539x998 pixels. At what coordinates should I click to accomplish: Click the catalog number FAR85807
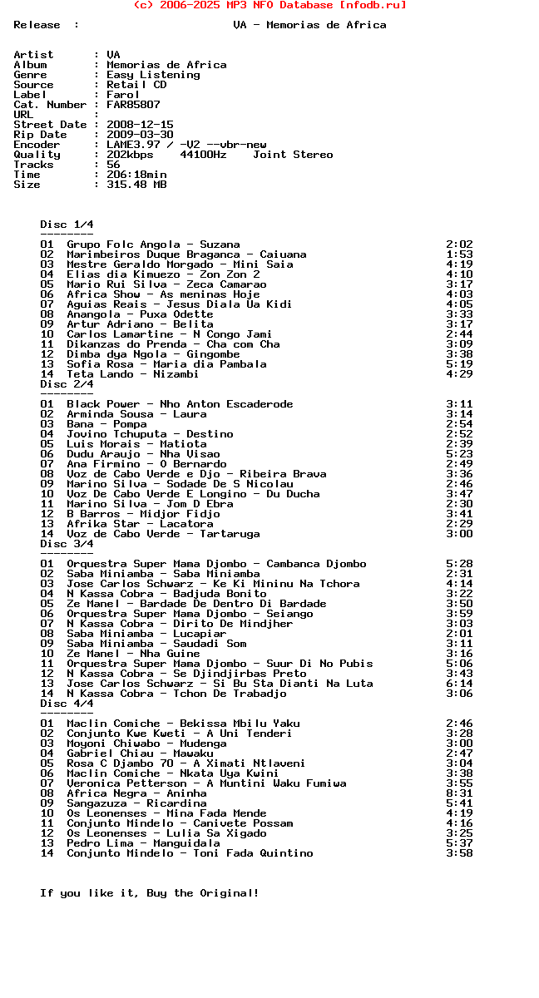click(x=133, y=105)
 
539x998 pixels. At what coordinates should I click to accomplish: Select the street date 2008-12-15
click(x=140, y=125)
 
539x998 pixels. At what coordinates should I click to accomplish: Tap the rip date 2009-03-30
click(x=140, y=135)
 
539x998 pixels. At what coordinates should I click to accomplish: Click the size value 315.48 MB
click(x=136, y=185)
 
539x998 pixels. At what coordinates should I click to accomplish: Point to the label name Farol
click(x=123, y=95)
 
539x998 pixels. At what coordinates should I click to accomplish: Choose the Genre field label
click(x=30, y=75)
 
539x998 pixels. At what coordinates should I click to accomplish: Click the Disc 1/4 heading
click(x=67, y=225)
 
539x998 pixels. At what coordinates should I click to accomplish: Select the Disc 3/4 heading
click(x=67, y=544)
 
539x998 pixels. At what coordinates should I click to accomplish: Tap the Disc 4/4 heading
click(x=67, y=704)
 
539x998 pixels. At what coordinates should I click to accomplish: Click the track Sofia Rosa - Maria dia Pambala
click(x=166, y=364)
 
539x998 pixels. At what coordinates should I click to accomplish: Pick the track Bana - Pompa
click(x=106, y=424)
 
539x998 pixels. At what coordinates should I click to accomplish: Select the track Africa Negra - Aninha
click(x=136, y=793)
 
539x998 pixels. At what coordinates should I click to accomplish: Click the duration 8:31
click(x=459, y=793)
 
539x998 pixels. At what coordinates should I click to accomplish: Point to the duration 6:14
click(x=459, y=684)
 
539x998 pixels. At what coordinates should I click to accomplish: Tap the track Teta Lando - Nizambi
click(x=133, y=374)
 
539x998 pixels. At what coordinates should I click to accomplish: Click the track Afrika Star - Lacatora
click(x=140, y=524)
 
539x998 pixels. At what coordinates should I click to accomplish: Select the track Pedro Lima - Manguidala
click(x=143, y=843)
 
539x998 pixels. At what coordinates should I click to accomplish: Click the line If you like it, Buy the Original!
click(x=150, y=893)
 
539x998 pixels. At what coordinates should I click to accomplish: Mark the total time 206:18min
click(x=136, y=175)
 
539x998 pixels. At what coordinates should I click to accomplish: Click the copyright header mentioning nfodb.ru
click(x=269, y=5)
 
